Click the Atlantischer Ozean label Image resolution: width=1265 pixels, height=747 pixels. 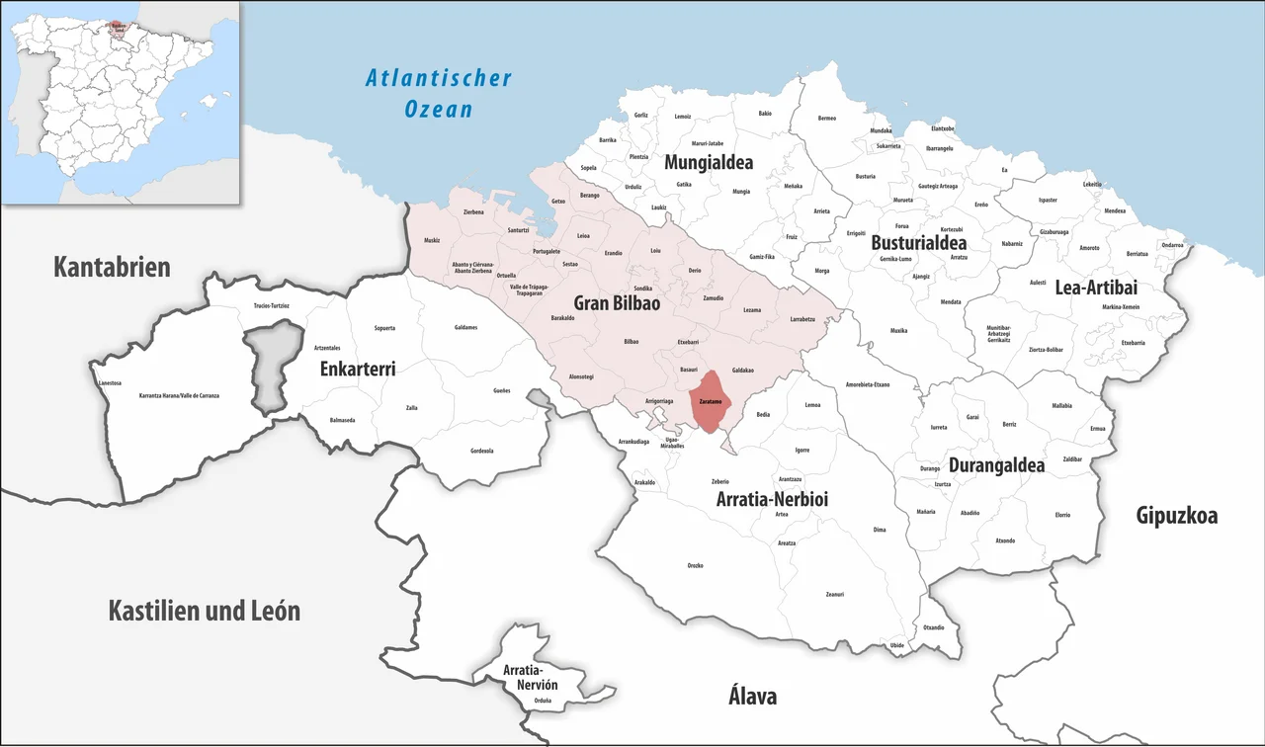[x=439, y=92]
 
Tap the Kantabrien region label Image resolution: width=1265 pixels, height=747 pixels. [x=112, y=267]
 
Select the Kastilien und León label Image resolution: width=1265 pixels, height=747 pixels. [x=204, y=611]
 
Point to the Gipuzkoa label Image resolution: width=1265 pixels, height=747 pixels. [x=1176, y=515]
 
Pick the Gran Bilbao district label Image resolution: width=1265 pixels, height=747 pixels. [x=617, y=302]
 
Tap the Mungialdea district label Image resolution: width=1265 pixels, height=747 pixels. [x=709, y=163]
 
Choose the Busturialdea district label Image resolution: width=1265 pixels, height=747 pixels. [x=919, y=242]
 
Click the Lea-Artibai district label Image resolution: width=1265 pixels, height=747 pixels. [x=1097, y=288]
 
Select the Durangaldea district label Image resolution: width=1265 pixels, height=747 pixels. [x=996, y=464]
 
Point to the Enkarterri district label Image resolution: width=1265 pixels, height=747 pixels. [x=358, y=369]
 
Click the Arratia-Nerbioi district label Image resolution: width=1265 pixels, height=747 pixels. [x=772, y=500]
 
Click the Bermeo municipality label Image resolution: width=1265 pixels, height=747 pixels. [x=827, y=119]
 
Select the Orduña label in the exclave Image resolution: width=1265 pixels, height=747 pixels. [x=542, y=701]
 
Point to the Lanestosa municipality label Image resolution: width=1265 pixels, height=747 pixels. [x=111, y=382]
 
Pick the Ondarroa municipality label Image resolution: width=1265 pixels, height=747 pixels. [x=1172, y=245]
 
